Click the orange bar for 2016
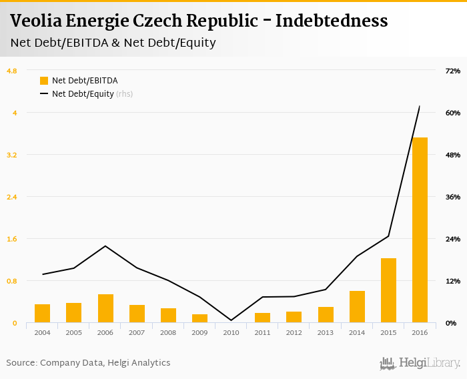[420, 230]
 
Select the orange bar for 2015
[388, 290]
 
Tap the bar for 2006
[105, 308]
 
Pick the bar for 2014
[357, 307]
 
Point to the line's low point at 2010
[231, 320]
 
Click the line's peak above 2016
[420, 106]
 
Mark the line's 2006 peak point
[105, 246]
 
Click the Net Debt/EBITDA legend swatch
[44, 81]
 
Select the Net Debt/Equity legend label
[83, 94]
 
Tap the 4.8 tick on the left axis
[12, 71]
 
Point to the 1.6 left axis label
[12, 239]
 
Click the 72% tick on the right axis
[452, 71]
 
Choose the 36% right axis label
[452, 197]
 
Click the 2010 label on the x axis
[231, 332]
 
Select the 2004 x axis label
[43, 332]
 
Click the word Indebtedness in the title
[332, 21]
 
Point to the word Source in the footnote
[21, 363]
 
